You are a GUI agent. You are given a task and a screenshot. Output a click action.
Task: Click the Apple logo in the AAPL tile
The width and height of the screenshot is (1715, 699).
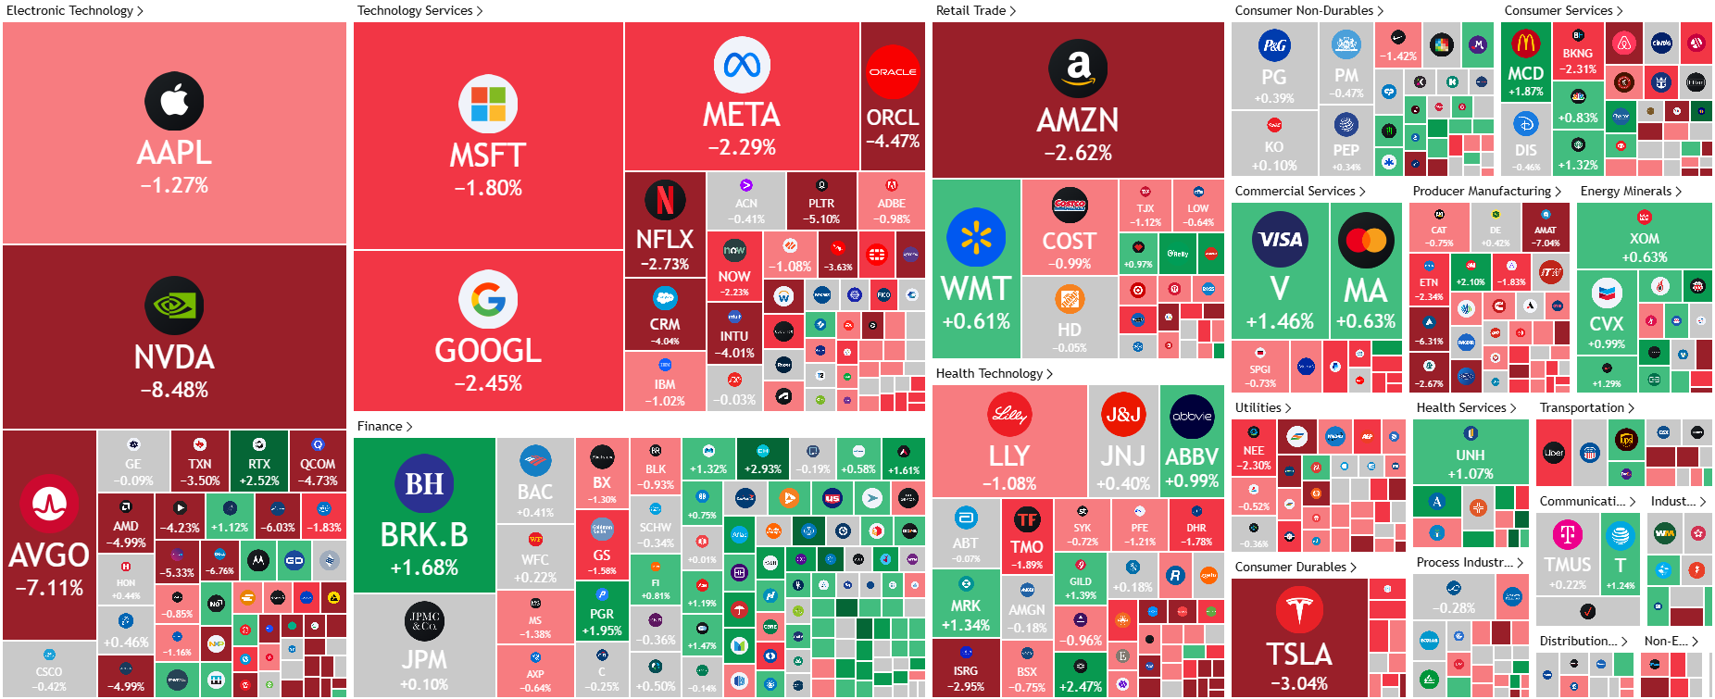pos(174,101)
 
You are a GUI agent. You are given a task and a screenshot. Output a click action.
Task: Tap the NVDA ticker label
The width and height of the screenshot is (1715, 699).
pos(174,357)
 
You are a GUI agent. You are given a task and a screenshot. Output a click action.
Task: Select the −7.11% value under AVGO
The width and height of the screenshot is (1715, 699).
pos(49,588)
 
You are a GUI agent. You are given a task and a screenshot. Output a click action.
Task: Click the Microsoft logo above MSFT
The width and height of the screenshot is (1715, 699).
pos(488,104)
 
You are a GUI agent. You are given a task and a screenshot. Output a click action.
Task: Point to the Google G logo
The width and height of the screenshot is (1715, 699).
pos(488,299)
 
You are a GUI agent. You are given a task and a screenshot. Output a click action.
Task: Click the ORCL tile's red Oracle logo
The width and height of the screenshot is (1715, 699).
pos(893,71)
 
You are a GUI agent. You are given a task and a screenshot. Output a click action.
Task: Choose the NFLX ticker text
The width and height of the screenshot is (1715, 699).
pos(665,239)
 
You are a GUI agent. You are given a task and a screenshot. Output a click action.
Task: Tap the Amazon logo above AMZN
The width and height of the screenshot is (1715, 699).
pos(1078,69)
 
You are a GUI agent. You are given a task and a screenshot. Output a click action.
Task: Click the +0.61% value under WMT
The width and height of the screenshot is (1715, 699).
pos(976,321)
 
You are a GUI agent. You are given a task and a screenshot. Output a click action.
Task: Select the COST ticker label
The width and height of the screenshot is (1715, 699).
pos(1070,241)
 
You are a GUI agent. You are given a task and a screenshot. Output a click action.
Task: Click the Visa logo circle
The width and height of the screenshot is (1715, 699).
pos(1280,239)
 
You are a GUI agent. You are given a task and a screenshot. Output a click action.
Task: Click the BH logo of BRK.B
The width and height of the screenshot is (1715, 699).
pos(424,483)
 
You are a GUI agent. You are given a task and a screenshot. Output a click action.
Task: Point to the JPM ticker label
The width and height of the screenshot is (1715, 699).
pos(424,659)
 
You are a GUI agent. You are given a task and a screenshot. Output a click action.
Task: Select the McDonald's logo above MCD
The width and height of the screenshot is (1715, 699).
pos(1525,43)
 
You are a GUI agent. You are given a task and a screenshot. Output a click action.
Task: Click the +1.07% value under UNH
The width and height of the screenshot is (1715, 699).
pos(1470,474)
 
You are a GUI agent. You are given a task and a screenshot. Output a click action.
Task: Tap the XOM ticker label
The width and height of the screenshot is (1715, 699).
pos(1645,239)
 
